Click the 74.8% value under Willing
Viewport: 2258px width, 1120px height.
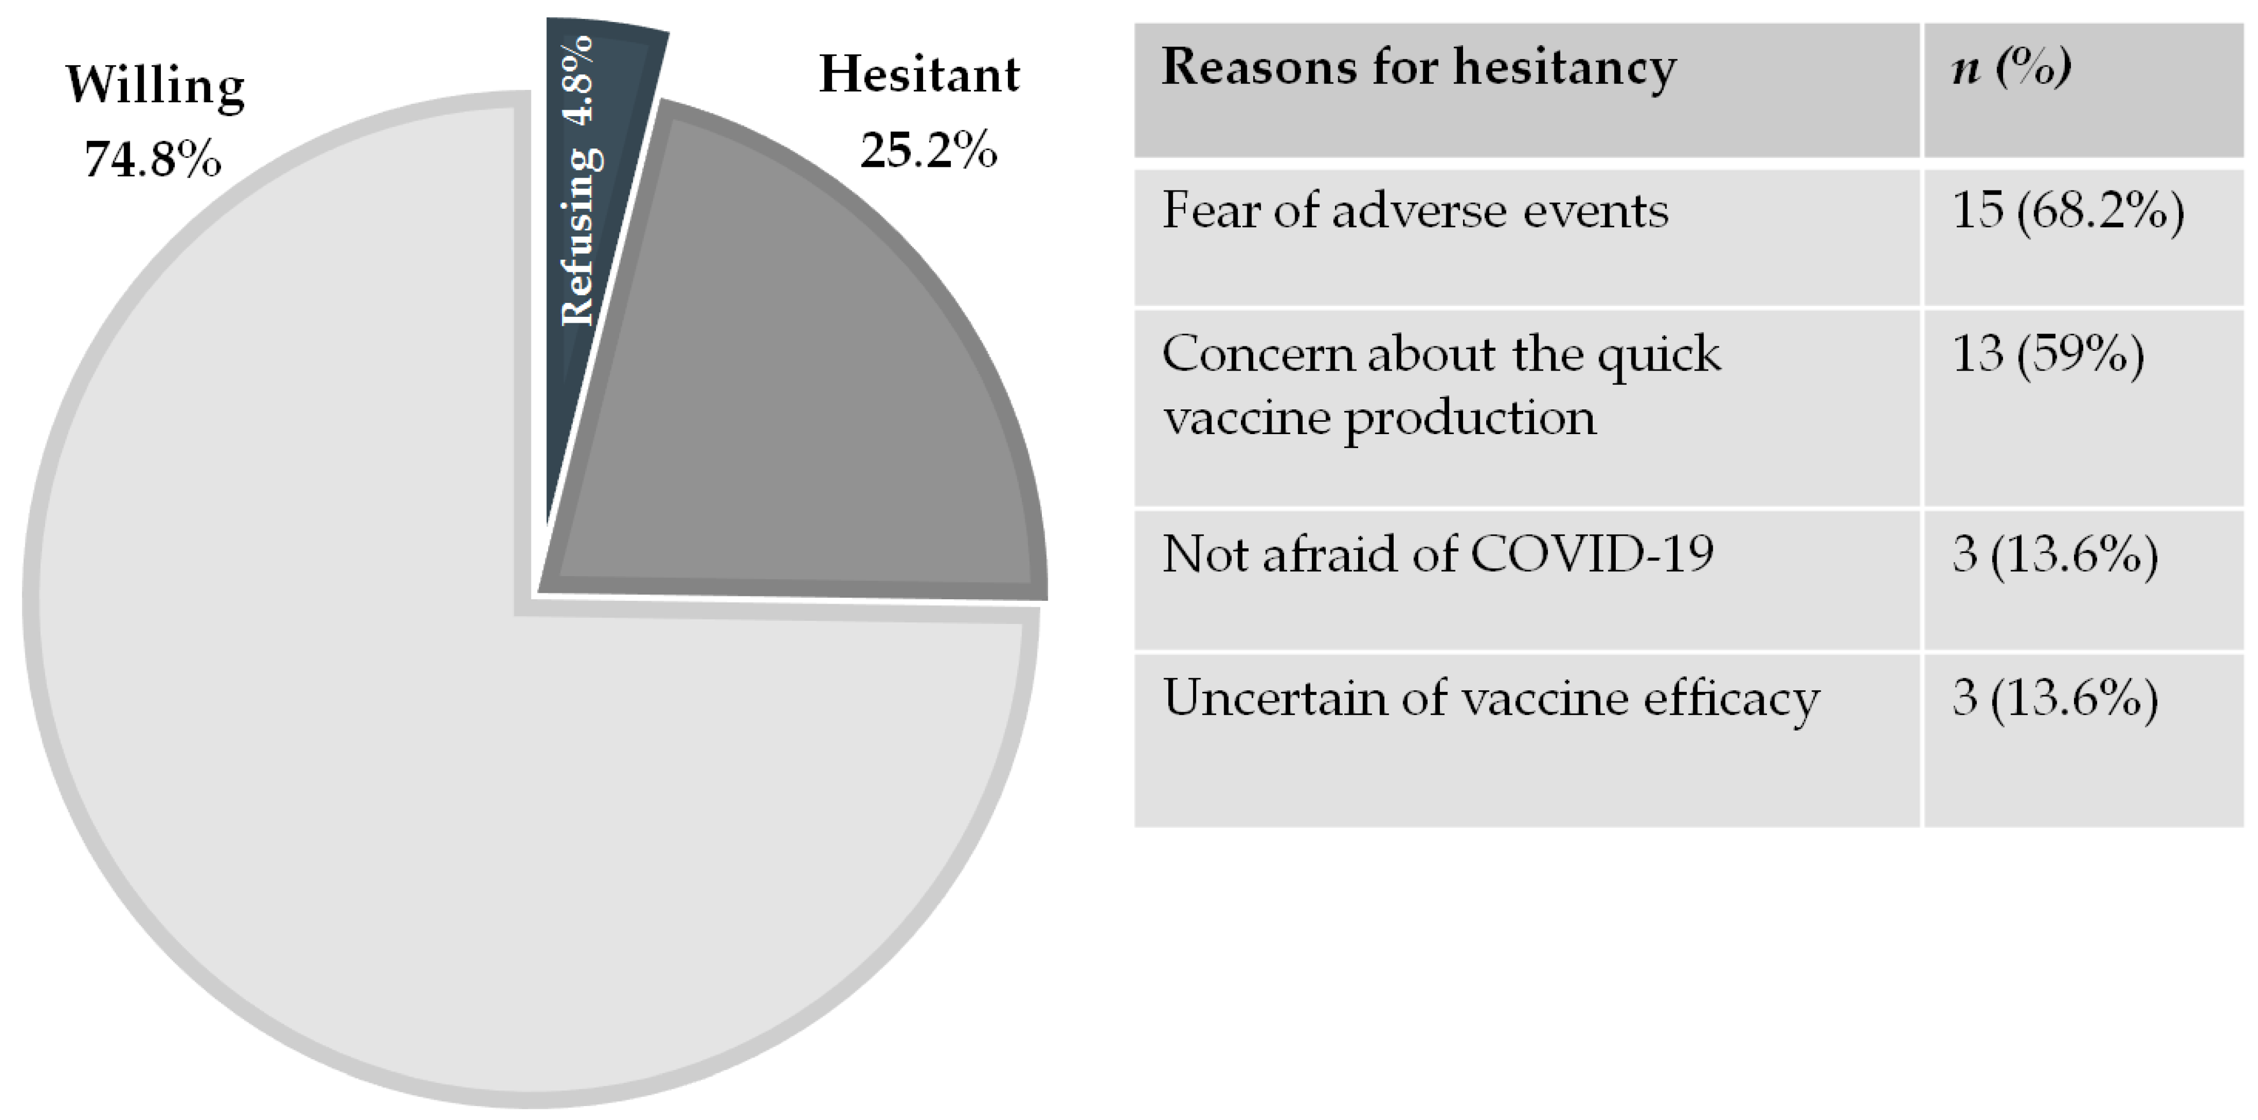point(153,159)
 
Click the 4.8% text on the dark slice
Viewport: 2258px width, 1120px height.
point(579,81)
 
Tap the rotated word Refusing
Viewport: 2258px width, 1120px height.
point(581,237)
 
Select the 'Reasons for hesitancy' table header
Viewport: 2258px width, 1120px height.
point(1419,67)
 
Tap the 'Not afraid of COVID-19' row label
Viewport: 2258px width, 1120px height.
point(1438,555)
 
